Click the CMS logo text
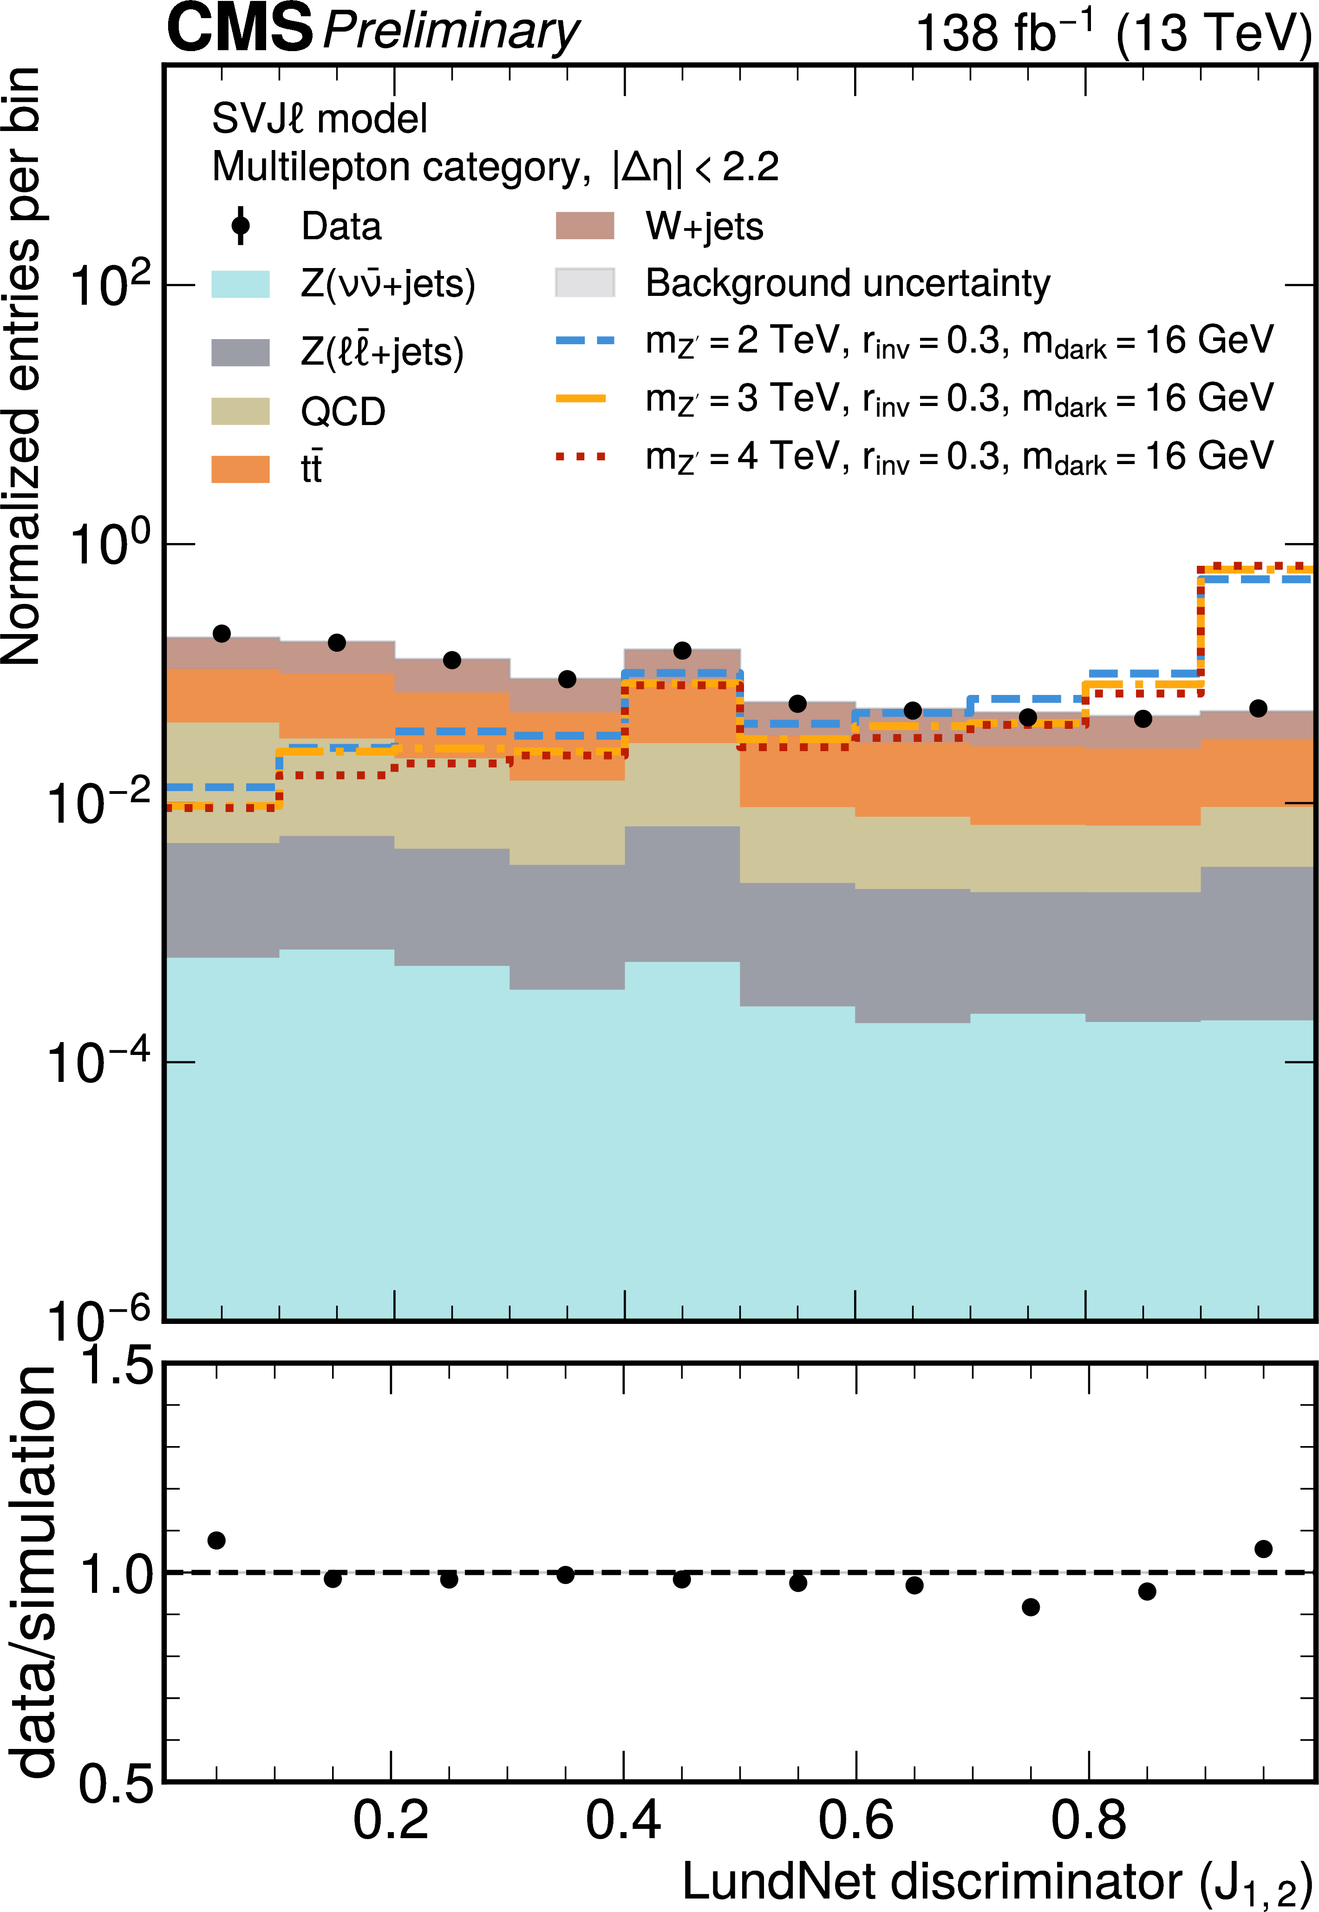click(x=240, y=28)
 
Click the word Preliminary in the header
click(x=451, y=32)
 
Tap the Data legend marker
click(x=241, y=226)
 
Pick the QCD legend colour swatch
click(x=241, y=411)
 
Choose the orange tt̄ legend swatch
click(x=241, y=469)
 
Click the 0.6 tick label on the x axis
click(x=856, y=1820)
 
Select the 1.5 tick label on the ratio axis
click(x=116, y=1366)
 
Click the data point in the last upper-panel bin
click(x=1258, y=708)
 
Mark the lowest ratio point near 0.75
click(x=1031, y=1607)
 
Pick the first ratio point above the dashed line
click(x=216, y=1540)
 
